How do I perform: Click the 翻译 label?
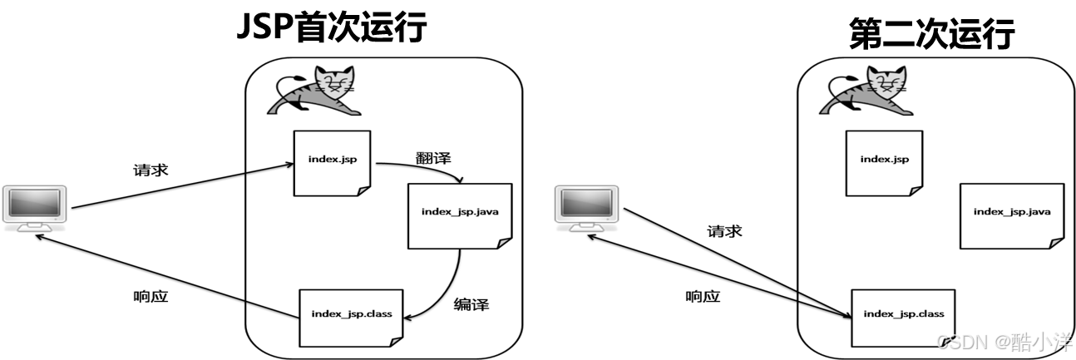click(x=433, y=158)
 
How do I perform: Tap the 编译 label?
click(x=471, y=304)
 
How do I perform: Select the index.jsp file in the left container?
click(x=332, y=162)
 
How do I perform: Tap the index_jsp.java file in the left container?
click(x=459, y=215)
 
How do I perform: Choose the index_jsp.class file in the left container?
click(x=351, y=316)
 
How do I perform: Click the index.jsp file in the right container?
click(x=884, y=162)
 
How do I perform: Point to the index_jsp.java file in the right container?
click(x=1011, y=215)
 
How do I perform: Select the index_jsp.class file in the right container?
click(x=903, y=316)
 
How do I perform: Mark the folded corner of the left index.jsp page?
click(x=363, y=190)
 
